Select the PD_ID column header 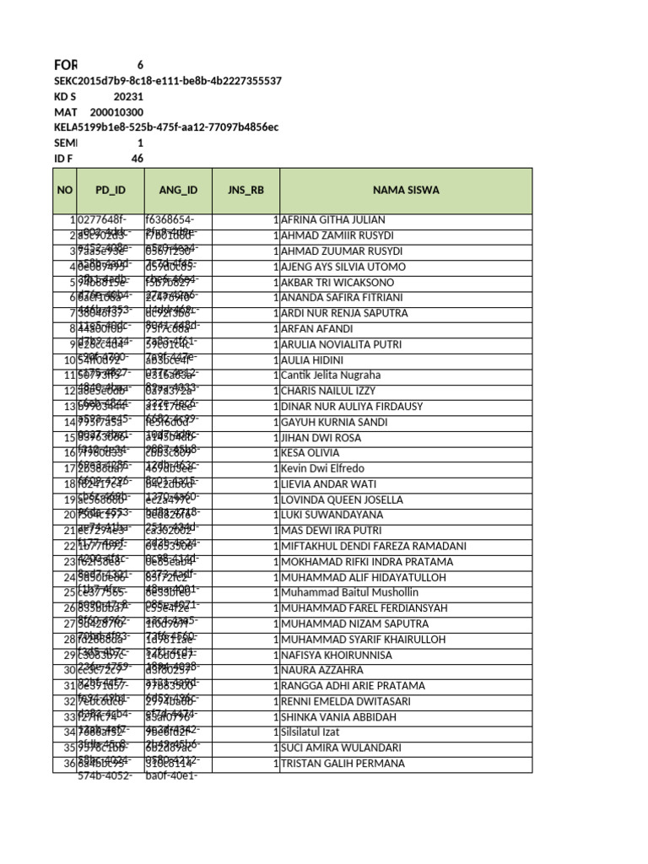pyautogui.click(x=110, y=190)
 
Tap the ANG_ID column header pyautogui.click(x=177, y=190)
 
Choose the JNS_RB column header pyautogui.click(x=246, y=190)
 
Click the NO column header pyautogui.click(x=65, y=190)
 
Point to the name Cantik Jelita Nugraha pyautogui.click(x=331, y=375)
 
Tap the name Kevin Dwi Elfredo pyautogui.click(x=323, y=468)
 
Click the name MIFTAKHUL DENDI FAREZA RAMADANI pyautogui.click(x=374, y=546)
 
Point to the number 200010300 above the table pyautogui.click(x=116, y=112)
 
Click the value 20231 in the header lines pyautogui.click(x=128, y=96)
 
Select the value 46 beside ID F pyautogui.click(x=138, y=159)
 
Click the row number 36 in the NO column pyautogui.click(x=70, y=764)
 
